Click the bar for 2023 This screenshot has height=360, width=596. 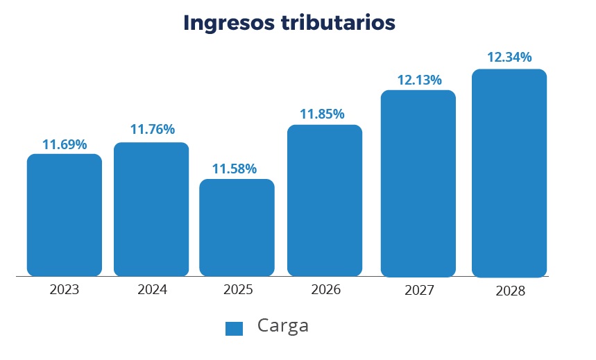(65, 215)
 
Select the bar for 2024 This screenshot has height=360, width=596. (151, 209)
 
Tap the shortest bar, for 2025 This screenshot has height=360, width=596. (237, 228)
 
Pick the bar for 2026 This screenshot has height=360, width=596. (325, 200)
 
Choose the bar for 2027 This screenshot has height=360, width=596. (418, 184)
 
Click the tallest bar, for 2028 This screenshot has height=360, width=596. (509, 173)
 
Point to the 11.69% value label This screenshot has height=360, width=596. (65, 145)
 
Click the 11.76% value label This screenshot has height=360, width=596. (153, 130)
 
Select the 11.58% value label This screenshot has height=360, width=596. (235, 169)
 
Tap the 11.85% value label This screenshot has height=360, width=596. (322, 114)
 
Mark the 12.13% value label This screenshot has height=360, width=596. (419, 80)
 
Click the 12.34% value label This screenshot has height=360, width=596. (509, 57)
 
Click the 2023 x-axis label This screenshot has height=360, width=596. (65, 290)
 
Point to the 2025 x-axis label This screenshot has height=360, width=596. (238, 290)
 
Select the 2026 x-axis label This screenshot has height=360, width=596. (326, 290)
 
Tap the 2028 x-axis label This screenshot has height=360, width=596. (511, 291)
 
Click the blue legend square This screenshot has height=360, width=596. (235, 329)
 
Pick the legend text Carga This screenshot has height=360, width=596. (282, 325)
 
